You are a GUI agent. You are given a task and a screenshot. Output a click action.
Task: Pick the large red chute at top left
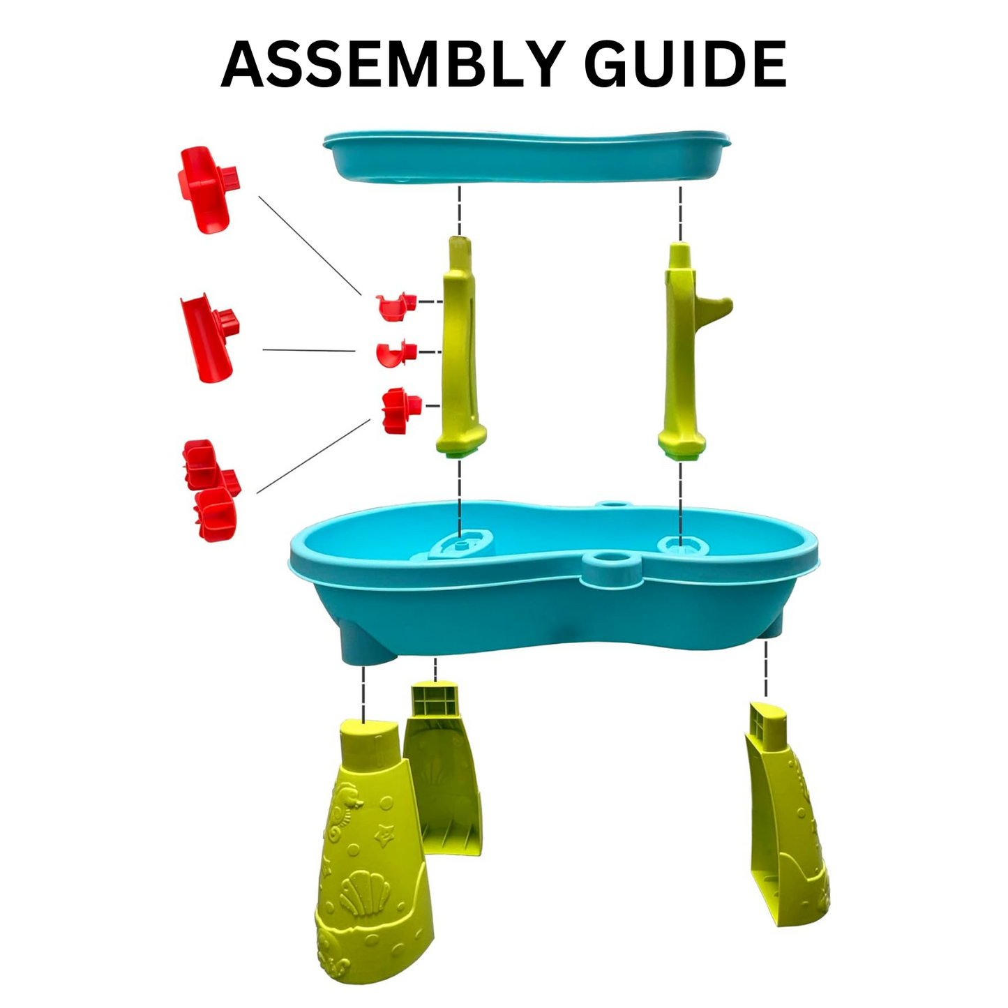tap(208, 189)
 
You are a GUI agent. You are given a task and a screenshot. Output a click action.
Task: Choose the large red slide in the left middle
tap(209, 338)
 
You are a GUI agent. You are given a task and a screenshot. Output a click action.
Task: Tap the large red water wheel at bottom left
tap(211, 490)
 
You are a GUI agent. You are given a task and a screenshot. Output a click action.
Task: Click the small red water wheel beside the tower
tap(400, 411)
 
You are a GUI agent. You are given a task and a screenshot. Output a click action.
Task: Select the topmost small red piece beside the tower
tap(396, 307)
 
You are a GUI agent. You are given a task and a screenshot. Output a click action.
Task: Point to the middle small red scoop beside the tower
tap(396, 354)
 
